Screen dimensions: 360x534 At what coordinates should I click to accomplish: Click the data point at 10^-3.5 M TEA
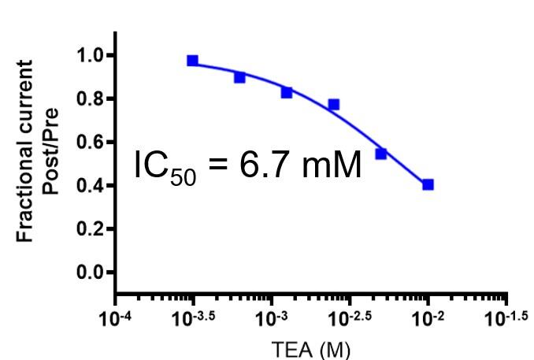click(x=193, y=61)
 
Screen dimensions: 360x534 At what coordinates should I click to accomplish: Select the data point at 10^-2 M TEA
click(x=428, y=184)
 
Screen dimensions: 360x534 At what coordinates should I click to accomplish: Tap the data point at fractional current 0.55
click(x=380, y=154)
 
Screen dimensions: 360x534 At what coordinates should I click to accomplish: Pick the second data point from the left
click(x=239, y=77)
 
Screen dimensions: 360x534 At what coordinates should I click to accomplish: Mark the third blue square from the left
click(x=287, y=92)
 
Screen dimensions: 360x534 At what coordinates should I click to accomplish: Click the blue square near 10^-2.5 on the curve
click(x=333, y=104)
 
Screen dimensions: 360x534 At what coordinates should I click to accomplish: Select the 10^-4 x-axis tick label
click(x=116, y=318)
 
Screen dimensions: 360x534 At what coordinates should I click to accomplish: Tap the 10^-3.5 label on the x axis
click(x=191, y=318)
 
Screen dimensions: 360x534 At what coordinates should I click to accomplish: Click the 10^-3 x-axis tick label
click(x=271, y=318)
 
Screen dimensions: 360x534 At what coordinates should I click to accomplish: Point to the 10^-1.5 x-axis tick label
click(x=504, y=318)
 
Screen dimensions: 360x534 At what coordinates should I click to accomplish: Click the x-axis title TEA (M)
click(x=310, y=347)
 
